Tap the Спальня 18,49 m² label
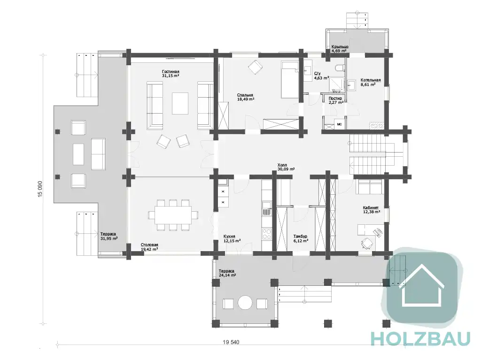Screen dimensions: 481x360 245,97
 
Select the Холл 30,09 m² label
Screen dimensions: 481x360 286,167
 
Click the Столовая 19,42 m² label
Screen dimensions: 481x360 149,247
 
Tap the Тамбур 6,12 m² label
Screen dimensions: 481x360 301,238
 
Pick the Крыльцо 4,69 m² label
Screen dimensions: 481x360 340,49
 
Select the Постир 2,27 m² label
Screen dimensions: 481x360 335,100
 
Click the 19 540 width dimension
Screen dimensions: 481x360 231,342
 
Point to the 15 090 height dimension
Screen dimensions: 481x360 40,189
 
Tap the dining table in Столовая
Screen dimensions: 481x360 173,215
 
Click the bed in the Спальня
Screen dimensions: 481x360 290,79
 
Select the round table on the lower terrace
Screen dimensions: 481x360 245,303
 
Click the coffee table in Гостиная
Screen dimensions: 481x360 180,103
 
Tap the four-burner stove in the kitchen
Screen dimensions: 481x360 267,234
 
